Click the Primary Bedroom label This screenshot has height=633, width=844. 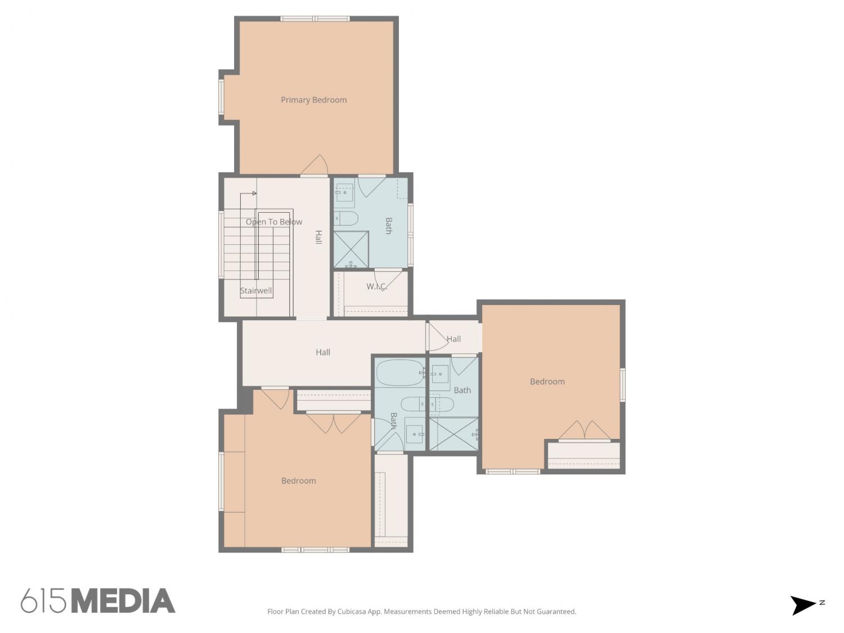(x=313, y=100)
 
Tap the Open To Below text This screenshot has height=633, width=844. (x=274, y=222)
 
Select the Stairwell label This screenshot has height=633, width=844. (x=255, y=290)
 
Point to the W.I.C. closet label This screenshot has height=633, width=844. (x=376, y=286)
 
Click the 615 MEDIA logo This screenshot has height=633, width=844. (x=98, y=601)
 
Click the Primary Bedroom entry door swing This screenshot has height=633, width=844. (x=315, y=165)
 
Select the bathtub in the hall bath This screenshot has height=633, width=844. (x=400, y=373)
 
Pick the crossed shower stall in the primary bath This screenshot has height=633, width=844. (x=351, y=249)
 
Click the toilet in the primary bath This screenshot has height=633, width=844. (x=345, y=218)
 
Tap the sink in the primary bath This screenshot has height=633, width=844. (x=344, y=192)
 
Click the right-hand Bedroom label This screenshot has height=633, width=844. (x=547, y=381)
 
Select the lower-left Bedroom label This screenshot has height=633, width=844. (x=298, y=481)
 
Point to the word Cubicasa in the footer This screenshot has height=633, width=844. (x=352, y=612)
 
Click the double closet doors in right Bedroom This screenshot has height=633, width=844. (x=584, y=430)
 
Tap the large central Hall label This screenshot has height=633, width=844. (x=322, y=352)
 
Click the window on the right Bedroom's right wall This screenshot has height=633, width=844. (x=622, y=385)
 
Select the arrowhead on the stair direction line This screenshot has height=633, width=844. (x=254, y=194)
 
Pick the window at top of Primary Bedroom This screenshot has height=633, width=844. (x=315, y=19)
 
